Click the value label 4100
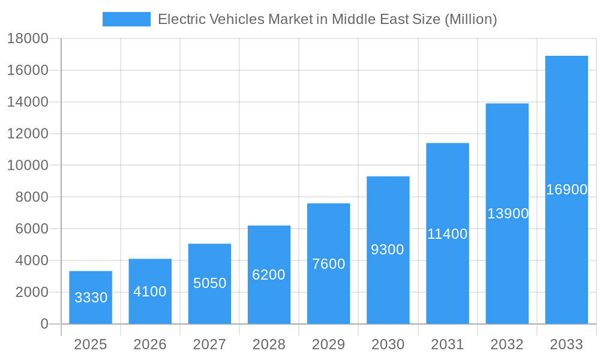[x=150, y=292]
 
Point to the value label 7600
[x=329, y=264]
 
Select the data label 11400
[x=448, y=234]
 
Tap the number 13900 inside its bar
[x=508, y=214]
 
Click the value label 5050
[x=209, y=283]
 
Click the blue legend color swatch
[x=127, y=19]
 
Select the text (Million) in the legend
[x=470, y=19]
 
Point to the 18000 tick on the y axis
[x=28, y=38]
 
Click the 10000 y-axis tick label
[x=28, y=166]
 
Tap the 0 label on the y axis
[x=44, y=324]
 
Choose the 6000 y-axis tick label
[x=28, y=229]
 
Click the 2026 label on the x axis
[x=150, y=344]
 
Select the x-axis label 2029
[x=329, y=344]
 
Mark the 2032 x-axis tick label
[x=507, y=344]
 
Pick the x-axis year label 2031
[x=448, y=344]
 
